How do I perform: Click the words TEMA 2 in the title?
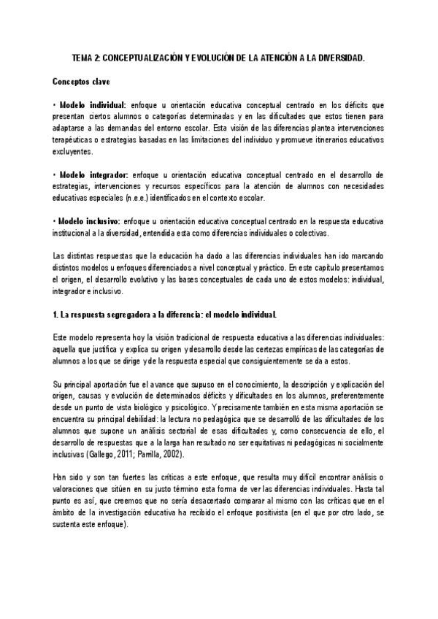pyautogui.click(x=88, y=57)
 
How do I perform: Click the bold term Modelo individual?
pyautogui.click(x=93, y=105)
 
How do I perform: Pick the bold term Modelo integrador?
pyautogui.click(x=94, y=175)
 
